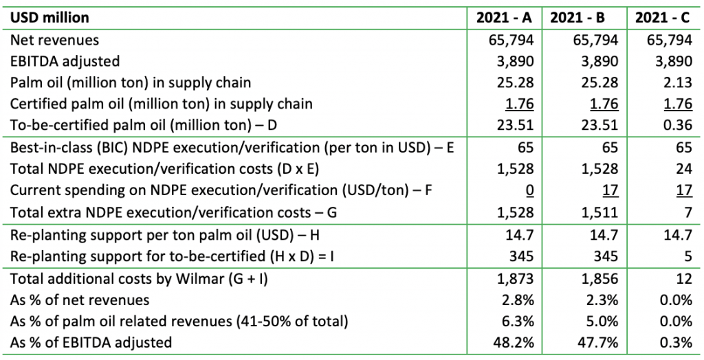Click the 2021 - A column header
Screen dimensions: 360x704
505,17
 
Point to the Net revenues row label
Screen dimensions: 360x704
55,40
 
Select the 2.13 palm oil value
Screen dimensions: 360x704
678,82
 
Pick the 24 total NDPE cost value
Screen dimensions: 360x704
684,170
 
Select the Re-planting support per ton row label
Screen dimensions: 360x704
165,236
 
